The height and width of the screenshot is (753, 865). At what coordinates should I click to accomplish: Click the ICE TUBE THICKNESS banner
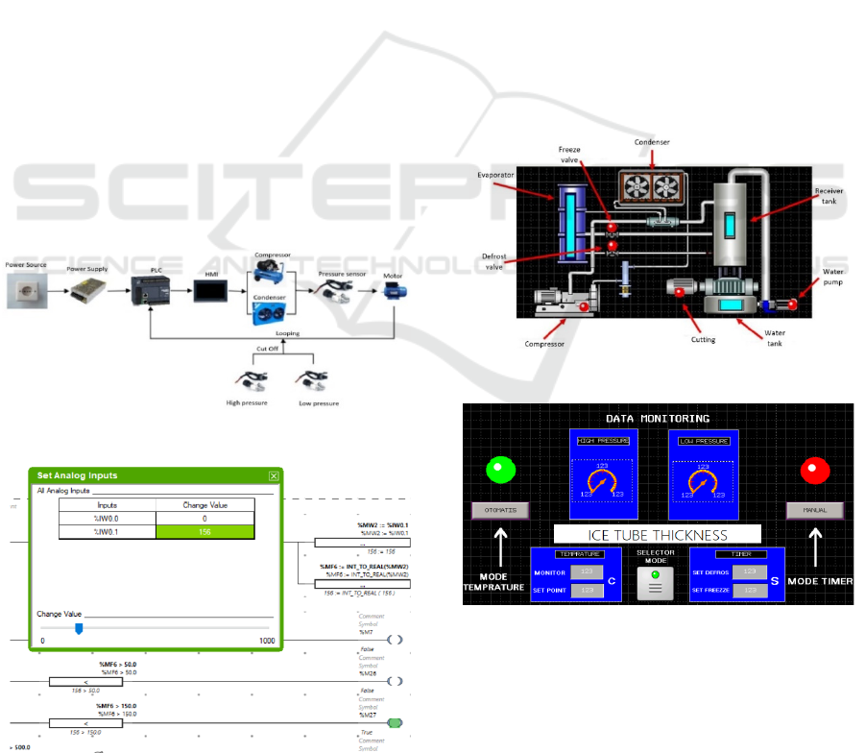coord(657,534)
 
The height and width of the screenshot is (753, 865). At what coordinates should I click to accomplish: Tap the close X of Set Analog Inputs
coord(274,475)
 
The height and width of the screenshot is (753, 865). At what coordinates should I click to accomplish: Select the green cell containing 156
coord(204,530)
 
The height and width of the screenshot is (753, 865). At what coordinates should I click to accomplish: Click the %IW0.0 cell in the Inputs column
coord(107,517)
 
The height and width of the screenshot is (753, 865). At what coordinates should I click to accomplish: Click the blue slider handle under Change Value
coord(79,628)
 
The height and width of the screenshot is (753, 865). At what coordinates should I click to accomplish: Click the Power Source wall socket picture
coord(28,289)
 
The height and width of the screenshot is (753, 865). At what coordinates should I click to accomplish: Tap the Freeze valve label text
coord(570,155)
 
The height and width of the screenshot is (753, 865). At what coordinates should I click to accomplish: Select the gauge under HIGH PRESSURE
coord(601,482)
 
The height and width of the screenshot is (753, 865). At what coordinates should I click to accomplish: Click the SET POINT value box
coord(585,590)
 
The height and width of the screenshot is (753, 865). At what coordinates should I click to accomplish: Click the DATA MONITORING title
coord(658,419)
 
